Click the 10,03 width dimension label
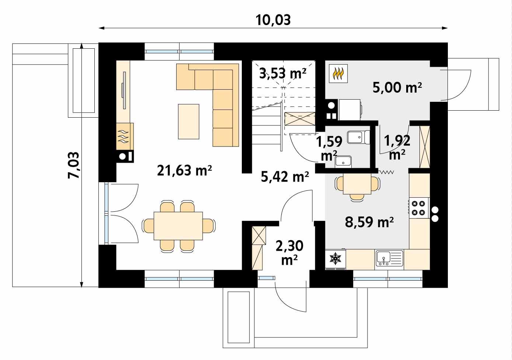tap(273, 20)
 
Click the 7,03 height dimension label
tap(74, 165)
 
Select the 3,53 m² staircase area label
tap(283, 73)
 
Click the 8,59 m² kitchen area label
tap(369, 222)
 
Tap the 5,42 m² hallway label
tap(285, 177)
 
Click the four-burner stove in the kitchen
tap(419, 207)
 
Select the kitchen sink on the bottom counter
tap(389, 258)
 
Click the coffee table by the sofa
tap(188, 121)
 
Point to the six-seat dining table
tap(178, 226)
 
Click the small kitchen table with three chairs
tap(357, 184)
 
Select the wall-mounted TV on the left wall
tap(123, 85)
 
